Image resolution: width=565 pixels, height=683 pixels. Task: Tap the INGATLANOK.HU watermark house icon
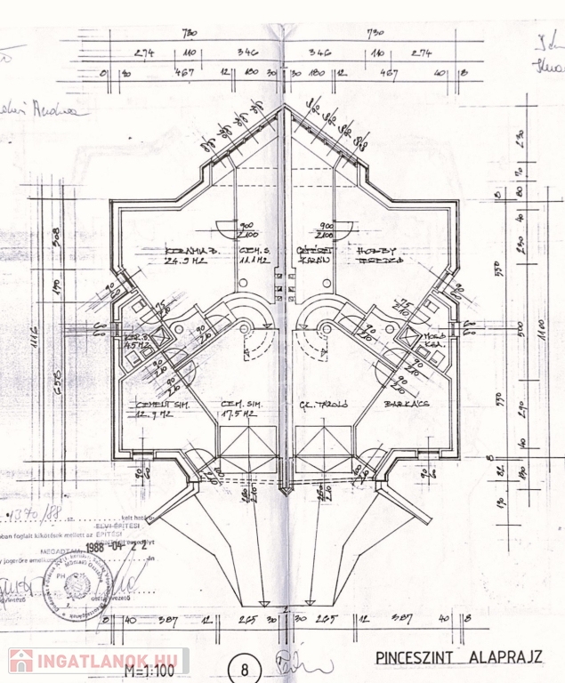click(x=20, y=661)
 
